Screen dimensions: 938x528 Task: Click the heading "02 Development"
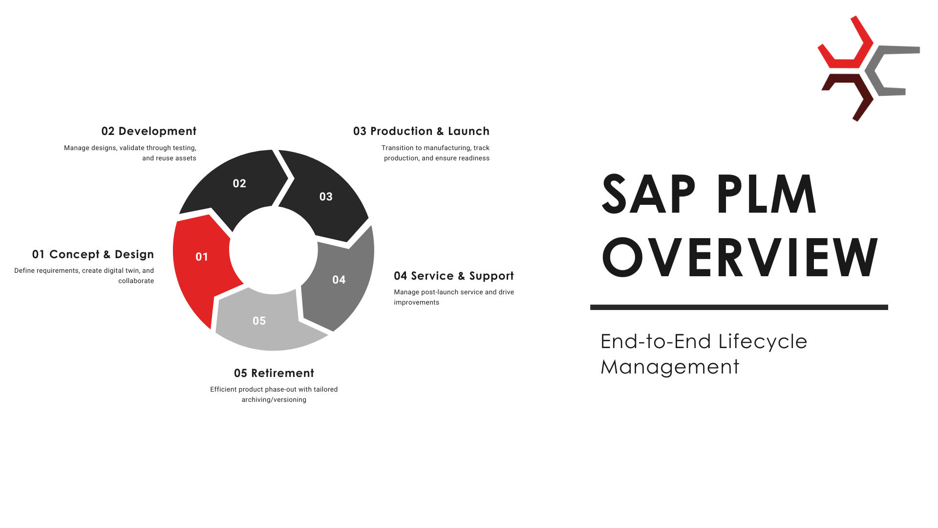(x=149, y=131)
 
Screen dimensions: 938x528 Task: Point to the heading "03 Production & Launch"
(x=421, y=131)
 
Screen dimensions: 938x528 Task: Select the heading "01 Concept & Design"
(x=93, y=254)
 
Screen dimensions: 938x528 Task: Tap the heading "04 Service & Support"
(x=454, y=276)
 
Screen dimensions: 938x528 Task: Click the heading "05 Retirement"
(x=274, y=373)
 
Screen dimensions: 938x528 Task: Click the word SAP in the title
(x=649, y=194)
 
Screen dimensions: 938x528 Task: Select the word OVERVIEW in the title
(x=740, y=257)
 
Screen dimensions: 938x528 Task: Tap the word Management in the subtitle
(x=670, y=367)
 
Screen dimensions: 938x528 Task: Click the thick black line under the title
(x=739, y=308)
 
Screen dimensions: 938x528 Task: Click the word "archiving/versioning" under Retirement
(x=274, y=399)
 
